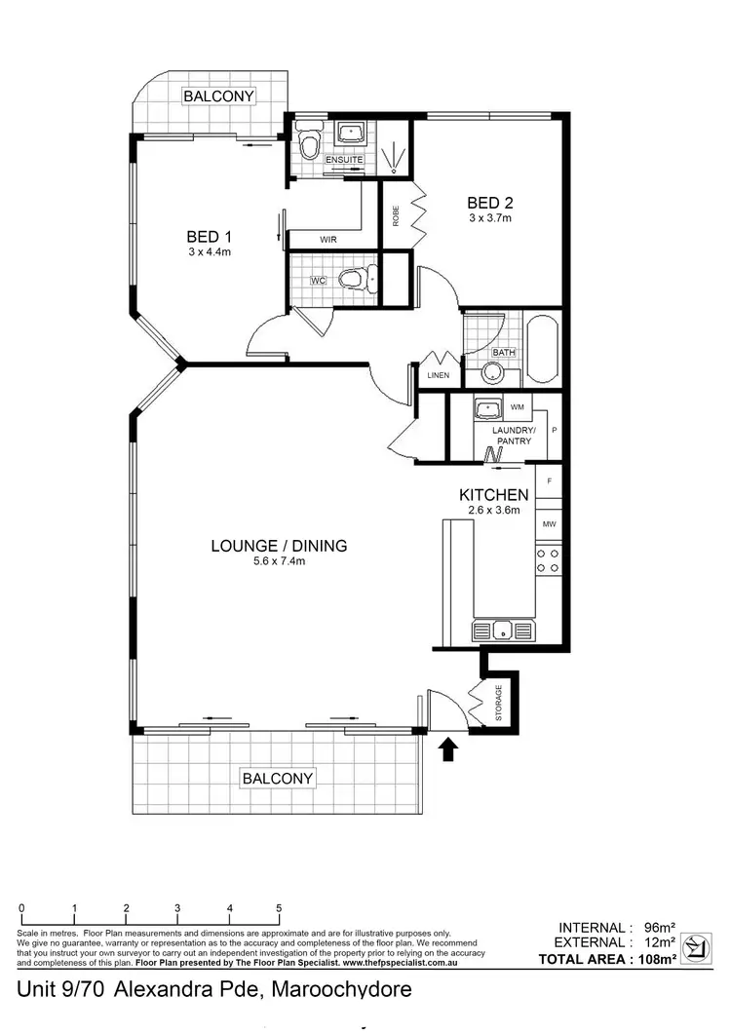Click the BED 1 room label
[x=210, y=236]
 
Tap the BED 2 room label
[x=489, y=203]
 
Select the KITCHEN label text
[x=493, y=495]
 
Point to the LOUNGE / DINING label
[x=279, y=546]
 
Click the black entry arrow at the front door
[x=448, y=749]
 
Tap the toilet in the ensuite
[x=309, y=145]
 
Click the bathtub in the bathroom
[x=541, y=349]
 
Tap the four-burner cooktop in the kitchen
[x=548, y=559]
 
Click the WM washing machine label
[x=516, y=405]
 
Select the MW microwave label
[x=550, y=524]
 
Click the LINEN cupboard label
[x=437, y=374]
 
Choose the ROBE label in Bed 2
[x=396, y=216]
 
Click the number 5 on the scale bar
[x=280, y=908]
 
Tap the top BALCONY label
[x=219, y=96]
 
